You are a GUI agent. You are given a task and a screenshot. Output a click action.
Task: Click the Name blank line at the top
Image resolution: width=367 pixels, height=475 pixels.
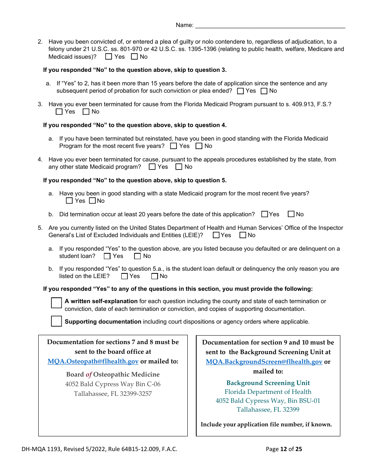[270, 25]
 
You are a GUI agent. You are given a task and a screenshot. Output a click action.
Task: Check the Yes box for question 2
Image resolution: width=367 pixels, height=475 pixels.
[109, 57]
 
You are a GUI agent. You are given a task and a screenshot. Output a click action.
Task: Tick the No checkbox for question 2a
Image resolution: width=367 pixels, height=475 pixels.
[264, 91]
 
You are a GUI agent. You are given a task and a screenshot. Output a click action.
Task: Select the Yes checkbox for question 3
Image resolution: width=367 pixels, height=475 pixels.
[59, 112]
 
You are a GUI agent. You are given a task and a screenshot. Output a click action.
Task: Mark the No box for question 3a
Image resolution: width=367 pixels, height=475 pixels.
[199, 146]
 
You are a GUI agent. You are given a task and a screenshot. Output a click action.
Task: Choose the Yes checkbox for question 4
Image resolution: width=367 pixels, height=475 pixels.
[152, 167]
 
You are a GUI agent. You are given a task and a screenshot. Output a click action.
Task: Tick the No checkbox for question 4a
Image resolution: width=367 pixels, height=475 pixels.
[92, 201]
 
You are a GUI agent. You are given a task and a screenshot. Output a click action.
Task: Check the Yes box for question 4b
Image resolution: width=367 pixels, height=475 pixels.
[265, 214]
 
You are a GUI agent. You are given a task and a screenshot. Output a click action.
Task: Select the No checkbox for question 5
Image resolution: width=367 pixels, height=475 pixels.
[243, 235]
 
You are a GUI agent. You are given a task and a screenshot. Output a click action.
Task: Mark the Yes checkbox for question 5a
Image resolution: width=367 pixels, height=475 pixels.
[107, 256]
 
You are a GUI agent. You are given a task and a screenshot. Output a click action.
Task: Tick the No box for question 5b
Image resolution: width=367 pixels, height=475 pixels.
[155, 276]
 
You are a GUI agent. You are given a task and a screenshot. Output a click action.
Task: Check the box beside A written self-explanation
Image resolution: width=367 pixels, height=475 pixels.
[56, 303]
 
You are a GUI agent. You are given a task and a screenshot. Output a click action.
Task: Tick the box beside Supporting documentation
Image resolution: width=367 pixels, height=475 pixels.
[56, 321]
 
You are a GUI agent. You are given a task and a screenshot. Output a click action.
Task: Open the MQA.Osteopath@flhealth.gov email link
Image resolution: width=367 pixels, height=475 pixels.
[93, 361]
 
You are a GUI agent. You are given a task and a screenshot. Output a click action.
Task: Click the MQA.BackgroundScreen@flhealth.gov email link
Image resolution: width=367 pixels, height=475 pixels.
[264, 362]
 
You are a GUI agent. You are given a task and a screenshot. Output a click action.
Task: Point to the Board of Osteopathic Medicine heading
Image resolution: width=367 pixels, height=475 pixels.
[113, 374]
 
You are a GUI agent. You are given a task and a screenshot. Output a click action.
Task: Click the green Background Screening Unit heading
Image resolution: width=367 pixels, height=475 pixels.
[268, 383]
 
